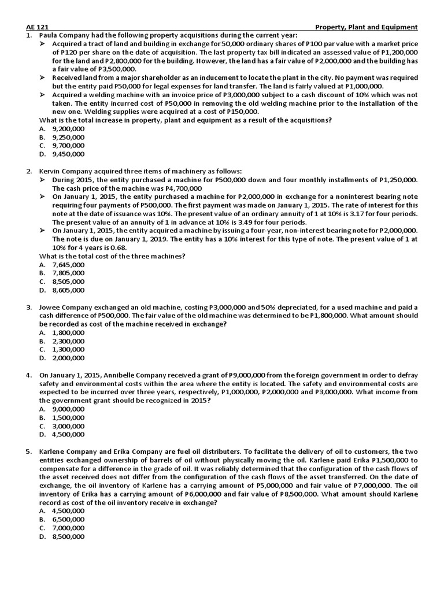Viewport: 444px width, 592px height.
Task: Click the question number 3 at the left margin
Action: tap(29, 307)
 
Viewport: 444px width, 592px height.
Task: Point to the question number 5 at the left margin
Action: tap(29, 451)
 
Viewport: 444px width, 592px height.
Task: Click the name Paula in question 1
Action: tap(49, 35)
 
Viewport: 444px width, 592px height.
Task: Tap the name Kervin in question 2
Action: tap(50, 171)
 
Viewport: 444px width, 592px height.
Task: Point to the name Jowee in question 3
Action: tap(50, 307)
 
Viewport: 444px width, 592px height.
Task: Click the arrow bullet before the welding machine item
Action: tap(43, 95)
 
